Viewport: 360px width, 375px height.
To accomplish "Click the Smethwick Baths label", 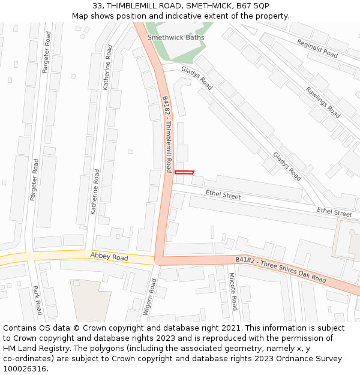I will [x=176, y=37].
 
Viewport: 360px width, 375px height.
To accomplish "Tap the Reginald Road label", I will [x=317, y=49].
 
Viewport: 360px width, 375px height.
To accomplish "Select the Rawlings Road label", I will [x=323, y=102].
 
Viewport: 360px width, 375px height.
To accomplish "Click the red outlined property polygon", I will [x=184, y=173].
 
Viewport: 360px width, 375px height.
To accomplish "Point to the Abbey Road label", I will [x=109, y=257].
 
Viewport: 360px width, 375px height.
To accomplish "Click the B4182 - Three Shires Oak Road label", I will [x=281, y=269].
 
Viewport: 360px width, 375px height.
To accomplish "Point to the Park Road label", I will [x=38, y=300].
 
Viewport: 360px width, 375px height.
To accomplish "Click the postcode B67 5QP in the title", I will [x=253, y=5].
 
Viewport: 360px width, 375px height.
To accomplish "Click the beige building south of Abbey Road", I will [x=90, y=300].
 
